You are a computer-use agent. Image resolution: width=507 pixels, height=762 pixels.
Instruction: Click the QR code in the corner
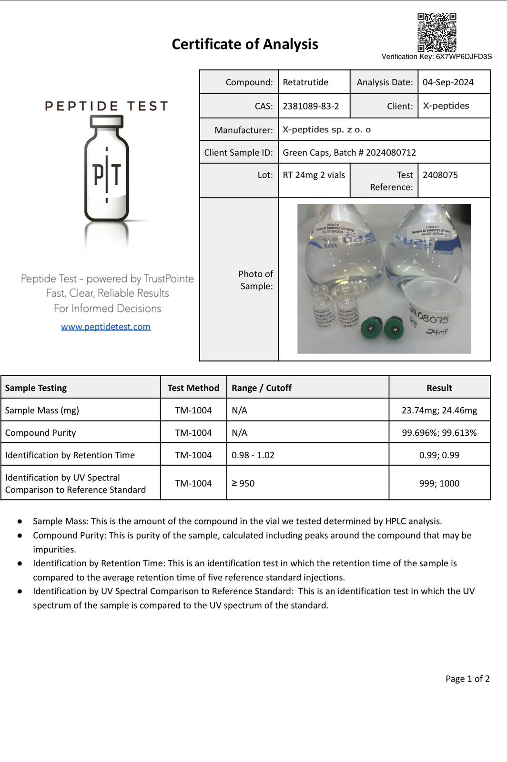(x=436, y=32)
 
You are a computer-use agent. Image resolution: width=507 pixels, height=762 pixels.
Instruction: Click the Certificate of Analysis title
(x=245, y=44)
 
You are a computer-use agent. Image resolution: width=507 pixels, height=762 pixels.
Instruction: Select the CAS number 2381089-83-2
(x=311, y=106)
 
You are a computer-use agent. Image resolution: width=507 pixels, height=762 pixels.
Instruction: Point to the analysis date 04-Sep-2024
(x=448, y=82)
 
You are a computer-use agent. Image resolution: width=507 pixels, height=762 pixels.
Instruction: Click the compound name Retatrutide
(x=305, y=82)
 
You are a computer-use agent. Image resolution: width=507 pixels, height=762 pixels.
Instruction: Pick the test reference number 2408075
(x=440, y=175)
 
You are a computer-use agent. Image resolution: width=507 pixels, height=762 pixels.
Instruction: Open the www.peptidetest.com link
(x=106, y=327)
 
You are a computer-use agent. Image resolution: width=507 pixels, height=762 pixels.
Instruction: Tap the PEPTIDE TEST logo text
(x=106, y=106)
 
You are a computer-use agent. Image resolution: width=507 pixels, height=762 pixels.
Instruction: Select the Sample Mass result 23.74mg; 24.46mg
(x=439, y=410)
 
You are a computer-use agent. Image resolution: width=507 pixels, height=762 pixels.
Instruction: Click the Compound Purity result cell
(x=439, y=432)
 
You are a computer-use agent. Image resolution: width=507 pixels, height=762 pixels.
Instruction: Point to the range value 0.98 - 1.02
(x=253, y=455)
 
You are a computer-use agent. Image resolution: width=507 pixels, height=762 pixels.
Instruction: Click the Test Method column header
(x=193, y=388)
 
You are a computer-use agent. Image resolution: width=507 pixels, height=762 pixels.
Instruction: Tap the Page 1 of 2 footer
(x=467, y=679)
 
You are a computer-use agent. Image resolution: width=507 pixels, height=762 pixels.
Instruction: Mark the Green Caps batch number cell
(x=349, y=152)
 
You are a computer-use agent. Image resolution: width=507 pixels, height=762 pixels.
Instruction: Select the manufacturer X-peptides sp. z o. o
(x=326, y=130)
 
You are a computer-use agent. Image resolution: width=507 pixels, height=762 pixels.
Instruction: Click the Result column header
(x=439, y=388)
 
